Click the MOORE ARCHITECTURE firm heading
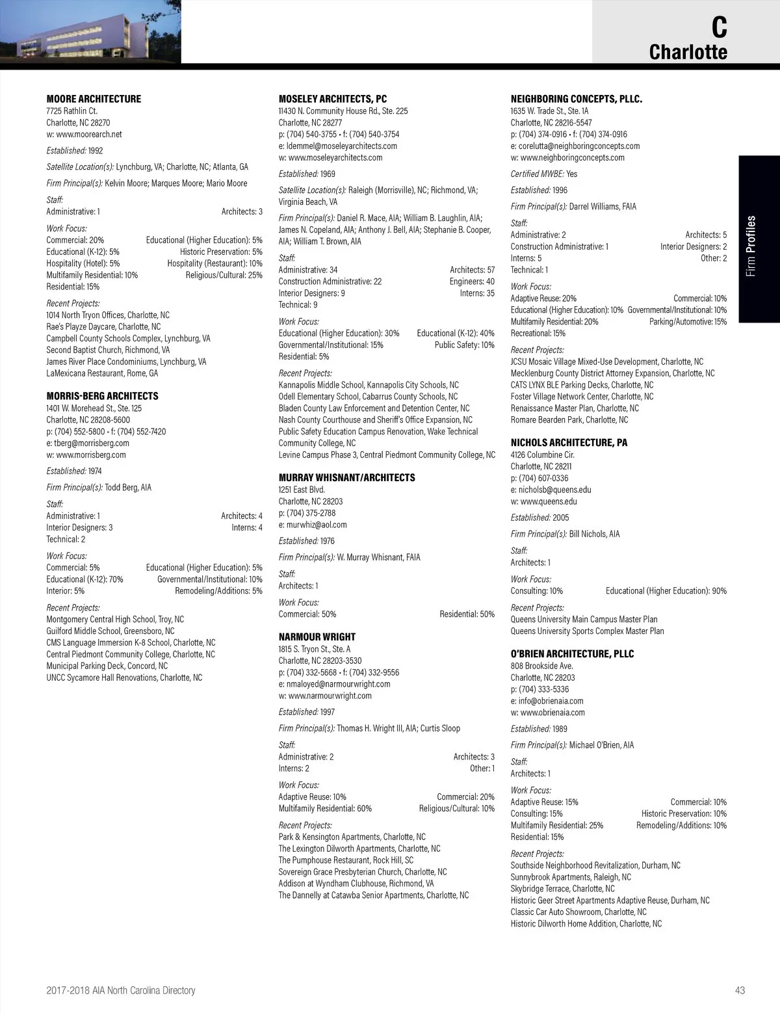pos(94,99)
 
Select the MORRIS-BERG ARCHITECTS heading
pos(102,396)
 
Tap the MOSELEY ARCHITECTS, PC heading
pos(332,99)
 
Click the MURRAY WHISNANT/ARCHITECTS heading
pos(346,477)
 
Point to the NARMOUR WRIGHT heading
pos(317,637)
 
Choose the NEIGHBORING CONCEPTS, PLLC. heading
pos(576,99)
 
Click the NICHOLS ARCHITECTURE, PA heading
pos(569,443)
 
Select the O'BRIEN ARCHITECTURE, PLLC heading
pos(572,654)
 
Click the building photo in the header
pos(90,32)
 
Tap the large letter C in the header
pos(718,27)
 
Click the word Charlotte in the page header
pos(688,52)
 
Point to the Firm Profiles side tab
pos(751,246)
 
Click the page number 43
pos(740,990)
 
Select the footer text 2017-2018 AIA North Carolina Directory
pos(121,990)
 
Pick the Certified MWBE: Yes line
pos(543,174)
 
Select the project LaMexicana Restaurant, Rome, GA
pos(102,374)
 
